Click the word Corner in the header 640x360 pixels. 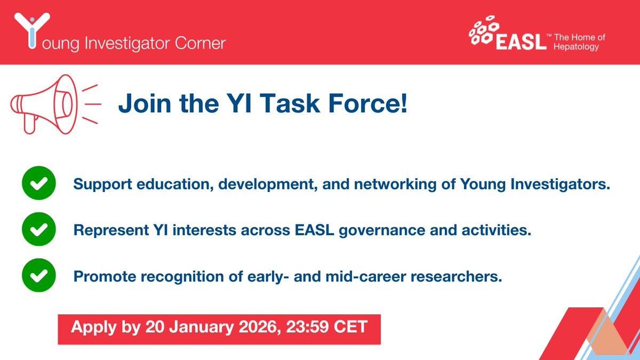coord(201,43)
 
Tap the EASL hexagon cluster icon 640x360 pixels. coord(483,30)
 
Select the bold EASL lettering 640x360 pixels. coord(521,42)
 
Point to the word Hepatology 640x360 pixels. coord(576,47)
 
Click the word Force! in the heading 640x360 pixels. coord(367,103)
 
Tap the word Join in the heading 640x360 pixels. coord(145,103)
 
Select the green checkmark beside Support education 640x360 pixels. coord(39,183)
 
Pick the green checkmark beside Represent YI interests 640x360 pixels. coord(39,229)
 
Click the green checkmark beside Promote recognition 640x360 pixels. coord(39,275)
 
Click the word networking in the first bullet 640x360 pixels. coord(395,185)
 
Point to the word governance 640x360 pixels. coord(382,230)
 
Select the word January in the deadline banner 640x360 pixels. coord(202,327)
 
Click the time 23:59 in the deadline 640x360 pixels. coord(307,327)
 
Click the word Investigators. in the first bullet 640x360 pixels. coord(561,185)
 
